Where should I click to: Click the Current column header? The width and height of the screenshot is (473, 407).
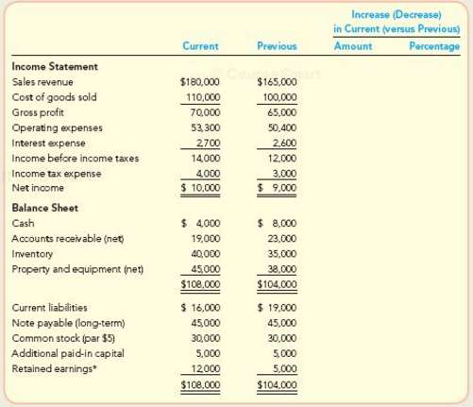200,46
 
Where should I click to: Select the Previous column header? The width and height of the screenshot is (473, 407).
276,46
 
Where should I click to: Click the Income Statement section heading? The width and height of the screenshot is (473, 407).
56,67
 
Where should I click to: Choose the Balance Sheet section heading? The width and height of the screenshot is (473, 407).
45,208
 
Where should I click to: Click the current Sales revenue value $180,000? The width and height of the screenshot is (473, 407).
199,83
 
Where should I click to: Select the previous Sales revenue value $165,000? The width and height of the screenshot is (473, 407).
276,83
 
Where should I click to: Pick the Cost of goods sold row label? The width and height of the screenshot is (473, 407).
53,98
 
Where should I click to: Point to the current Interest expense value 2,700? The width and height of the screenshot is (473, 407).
206,144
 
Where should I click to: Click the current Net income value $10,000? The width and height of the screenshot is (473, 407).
199,189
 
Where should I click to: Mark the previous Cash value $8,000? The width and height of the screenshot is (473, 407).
278,224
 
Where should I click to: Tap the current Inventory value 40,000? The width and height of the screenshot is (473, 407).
204,254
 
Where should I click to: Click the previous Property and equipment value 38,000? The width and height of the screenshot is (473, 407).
280,269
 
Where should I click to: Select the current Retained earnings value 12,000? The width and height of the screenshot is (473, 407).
204,368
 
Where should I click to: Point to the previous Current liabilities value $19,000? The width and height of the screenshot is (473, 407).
278,308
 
